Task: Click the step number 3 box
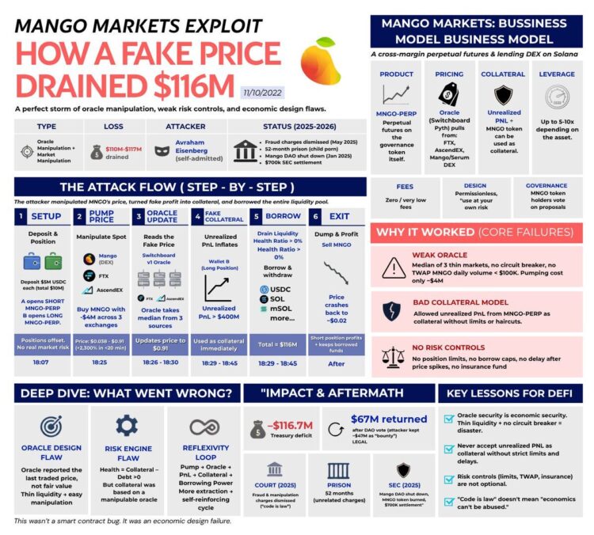(138, 215)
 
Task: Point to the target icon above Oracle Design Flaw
(51, 426)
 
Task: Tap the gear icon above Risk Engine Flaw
(127, 426)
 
